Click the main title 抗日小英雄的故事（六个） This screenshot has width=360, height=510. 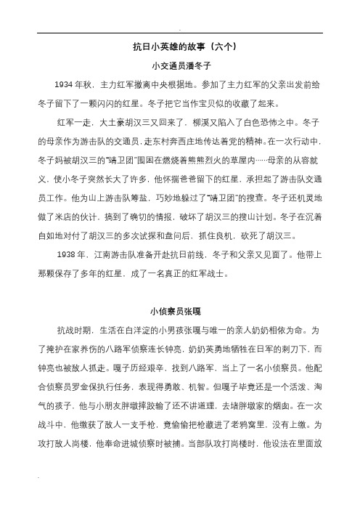[180, 46]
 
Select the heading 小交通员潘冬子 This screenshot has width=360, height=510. [180, 65]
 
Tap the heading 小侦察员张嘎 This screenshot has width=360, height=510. [180, 313]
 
